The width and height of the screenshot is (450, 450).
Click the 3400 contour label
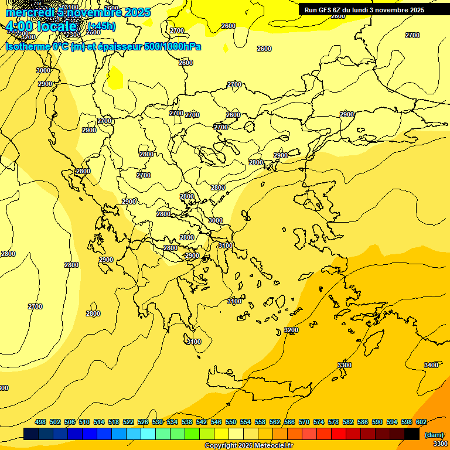click(431, 365)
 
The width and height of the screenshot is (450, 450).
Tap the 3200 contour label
click(291, 330)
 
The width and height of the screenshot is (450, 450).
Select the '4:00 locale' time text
click(41, 27)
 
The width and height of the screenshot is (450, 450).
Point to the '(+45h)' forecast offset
click(101, 26)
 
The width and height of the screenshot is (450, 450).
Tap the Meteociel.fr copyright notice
click(248, 446)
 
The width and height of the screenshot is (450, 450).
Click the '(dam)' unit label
click(434, 434)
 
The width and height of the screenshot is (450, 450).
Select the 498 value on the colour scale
click(40, 422)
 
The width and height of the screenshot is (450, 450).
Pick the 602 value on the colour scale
click(421, 422)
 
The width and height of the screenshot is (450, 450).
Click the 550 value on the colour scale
click(231, 422)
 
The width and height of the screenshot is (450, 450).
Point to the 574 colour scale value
click(319, 422)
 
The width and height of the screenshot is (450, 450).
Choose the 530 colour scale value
click(158, 422)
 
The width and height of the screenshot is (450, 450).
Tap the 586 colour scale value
click(363, 422)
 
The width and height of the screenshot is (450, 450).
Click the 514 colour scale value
click(99, 422)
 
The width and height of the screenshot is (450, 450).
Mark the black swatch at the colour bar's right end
click(412, 434)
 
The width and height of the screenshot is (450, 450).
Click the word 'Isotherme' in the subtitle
click(27, 46)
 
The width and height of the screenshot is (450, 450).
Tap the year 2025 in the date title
click(137, 12)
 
